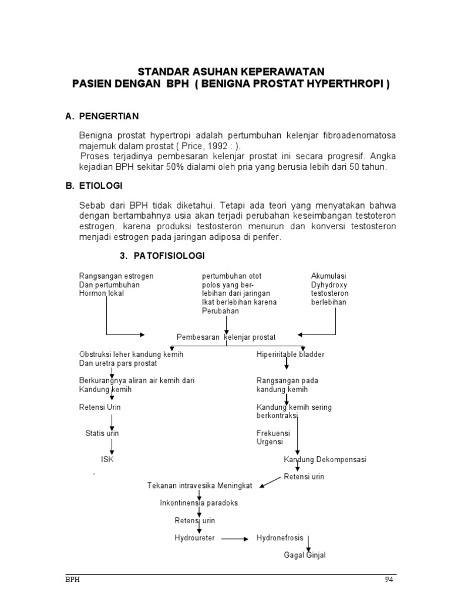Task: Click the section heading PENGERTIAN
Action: (109, 116)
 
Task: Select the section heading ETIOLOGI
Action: (101, 186)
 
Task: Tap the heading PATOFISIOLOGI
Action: (169, 256)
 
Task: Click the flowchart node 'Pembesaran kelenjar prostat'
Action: (225, 337)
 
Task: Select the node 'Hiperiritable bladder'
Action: (290, 354)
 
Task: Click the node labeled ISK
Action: (107, 459)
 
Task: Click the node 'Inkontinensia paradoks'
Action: (199, 503)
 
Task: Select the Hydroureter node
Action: (194, 537)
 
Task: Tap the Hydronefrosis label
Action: (280, 537)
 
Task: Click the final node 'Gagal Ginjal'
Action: (304, 555)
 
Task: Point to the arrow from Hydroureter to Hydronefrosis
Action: (235, 538)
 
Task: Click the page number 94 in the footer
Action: (389, 579)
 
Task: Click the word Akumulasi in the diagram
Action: (328, 276)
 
